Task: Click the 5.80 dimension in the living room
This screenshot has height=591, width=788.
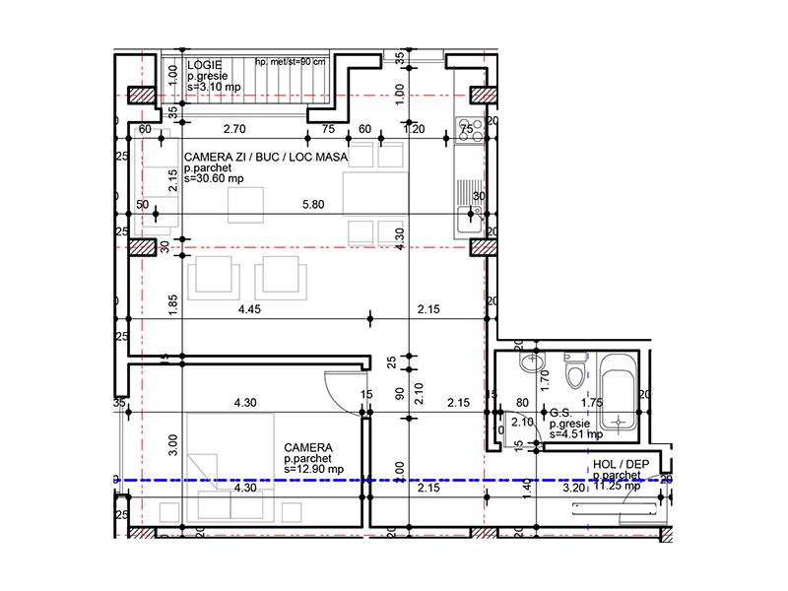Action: point(312,205)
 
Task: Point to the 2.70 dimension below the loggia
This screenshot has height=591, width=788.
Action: point(233,129)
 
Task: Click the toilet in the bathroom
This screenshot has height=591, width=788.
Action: point(573,373)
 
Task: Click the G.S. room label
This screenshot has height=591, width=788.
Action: point(561,414)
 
